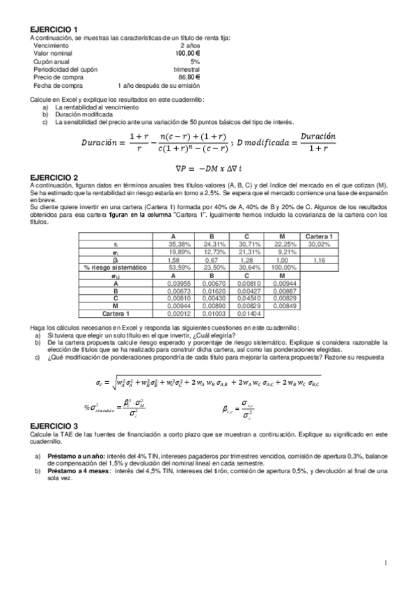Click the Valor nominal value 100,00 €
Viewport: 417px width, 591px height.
point(188,53)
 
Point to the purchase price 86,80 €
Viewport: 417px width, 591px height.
point(189,77)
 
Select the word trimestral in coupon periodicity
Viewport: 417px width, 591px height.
point(187,69)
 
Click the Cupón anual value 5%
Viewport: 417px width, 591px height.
point(195,61)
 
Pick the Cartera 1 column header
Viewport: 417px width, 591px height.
point(319,236)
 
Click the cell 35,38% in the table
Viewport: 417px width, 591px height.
point(178,245)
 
